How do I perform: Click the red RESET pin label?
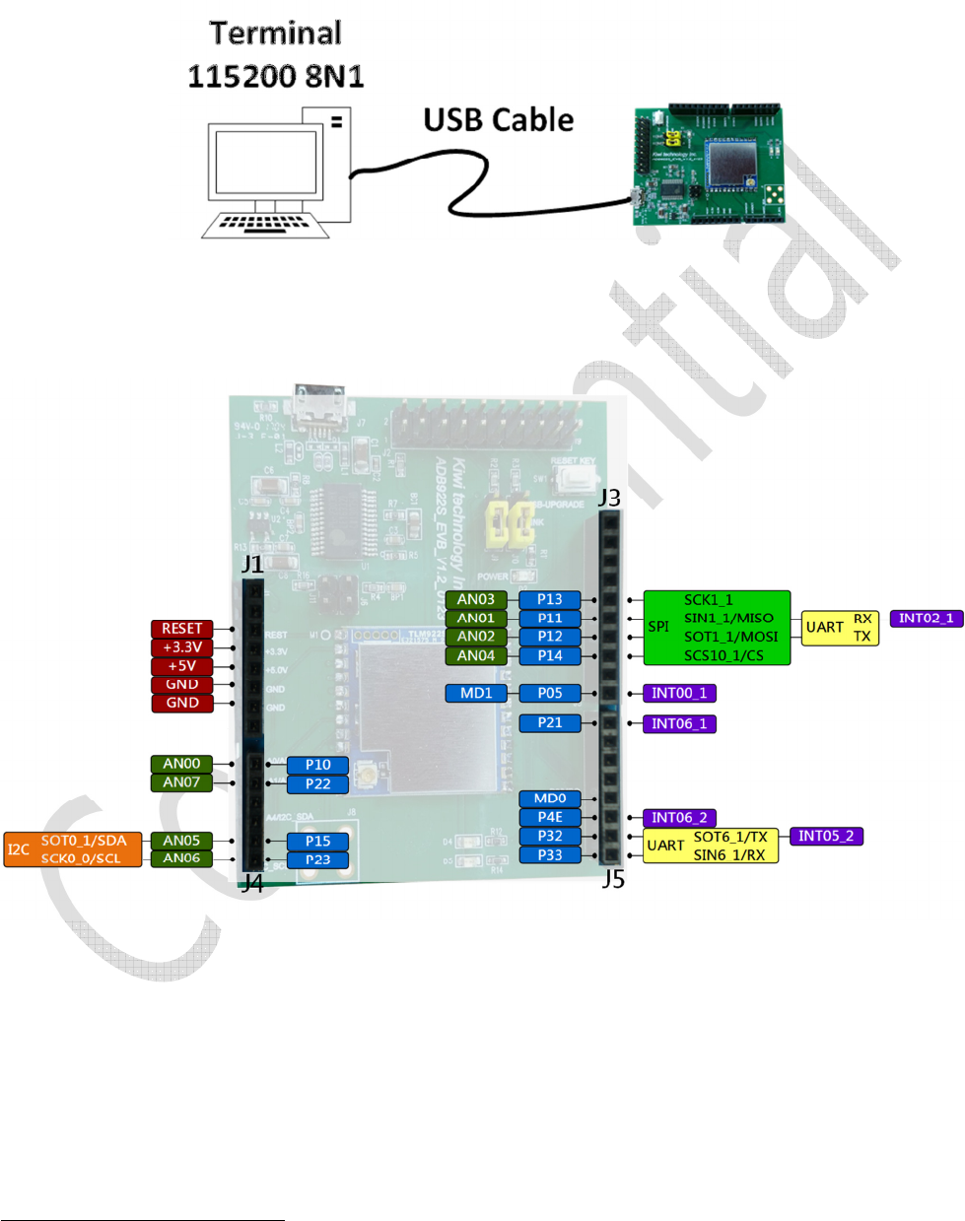[181, 629]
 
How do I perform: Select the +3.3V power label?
[181, 647]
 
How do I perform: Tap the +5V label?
[181, 666]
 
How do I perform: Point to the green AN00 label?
[181, 764]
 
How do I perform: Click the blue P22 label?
[317, 784]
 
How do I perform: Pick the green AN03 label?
[476, 599]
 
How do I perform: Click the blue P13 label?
[550, 599]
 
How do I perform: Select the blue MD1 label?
[476, 693]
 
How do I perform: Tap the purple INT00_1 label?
[679, 693]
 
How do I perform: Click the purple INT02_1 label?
[926, 618]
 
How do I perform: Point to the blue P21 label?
[550, 722]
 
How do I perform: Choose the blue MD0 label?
[550, 798]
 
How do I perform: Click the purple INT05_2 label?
[826, 836]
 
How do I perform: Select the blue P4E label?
[550, 817]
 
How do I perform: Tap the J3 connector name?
[610, 498]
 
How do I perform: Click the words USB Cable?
[499, 120]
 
